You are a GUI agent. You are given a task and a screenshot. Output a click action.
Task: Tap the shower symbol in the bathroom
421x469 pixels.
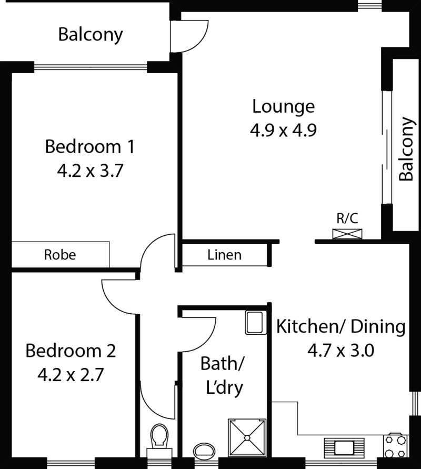click(x=247, y=438)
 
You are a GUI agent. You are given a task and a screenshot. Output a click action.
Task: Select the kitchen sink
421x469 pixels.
click(x=344, y=448)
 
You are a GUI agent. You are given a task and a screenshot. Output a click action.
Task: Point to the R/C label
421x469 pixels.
click(x=347, y=218)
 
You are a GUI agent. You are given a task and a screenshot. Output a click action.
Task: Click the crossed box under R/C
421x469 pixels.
click(x=347, y=234)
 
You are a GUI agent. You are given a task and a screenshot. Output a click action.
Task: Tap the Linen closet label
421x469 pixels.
click(x=224, y=255)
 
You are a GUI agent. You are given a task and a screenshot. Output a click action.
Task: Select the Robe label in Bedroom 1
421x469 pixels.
click(x=60, y=255)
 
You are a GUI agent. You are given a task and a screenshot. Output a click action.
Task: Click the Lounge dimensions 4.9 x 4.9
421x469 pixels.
click(x=283, y=131)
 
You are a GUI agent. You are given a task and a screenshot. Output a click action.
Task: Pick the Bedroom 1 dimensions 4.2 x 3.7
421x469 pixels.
click(x=90, y=172)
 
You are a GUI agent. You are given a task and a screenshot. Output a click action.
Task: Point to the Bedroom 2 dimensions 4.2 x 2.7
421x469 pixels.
click(x=71, y=375)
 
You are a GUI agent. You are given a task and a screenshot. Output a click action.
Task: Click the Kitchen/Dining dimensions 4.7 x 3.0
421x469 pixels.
click(x=340, y=351)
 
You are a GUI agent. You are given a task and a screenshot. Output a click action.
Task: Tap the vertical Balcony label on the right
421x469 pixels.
click(x=407, y=148)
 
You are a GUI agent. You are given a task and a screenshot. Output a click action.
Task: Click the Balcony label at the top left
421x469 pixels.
click(x=91, y=35)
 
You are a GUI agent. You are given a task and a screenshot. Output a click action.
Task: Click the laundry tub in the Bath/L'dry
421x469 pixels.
click(x=256, y=322)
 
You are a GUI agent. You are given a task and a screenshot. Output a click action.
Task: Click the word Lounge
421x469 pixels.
click(x=284, y=107)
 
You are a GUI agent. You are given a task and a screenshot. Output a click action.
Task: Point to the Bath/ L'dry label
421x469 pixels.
click(x=223, y=376)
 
